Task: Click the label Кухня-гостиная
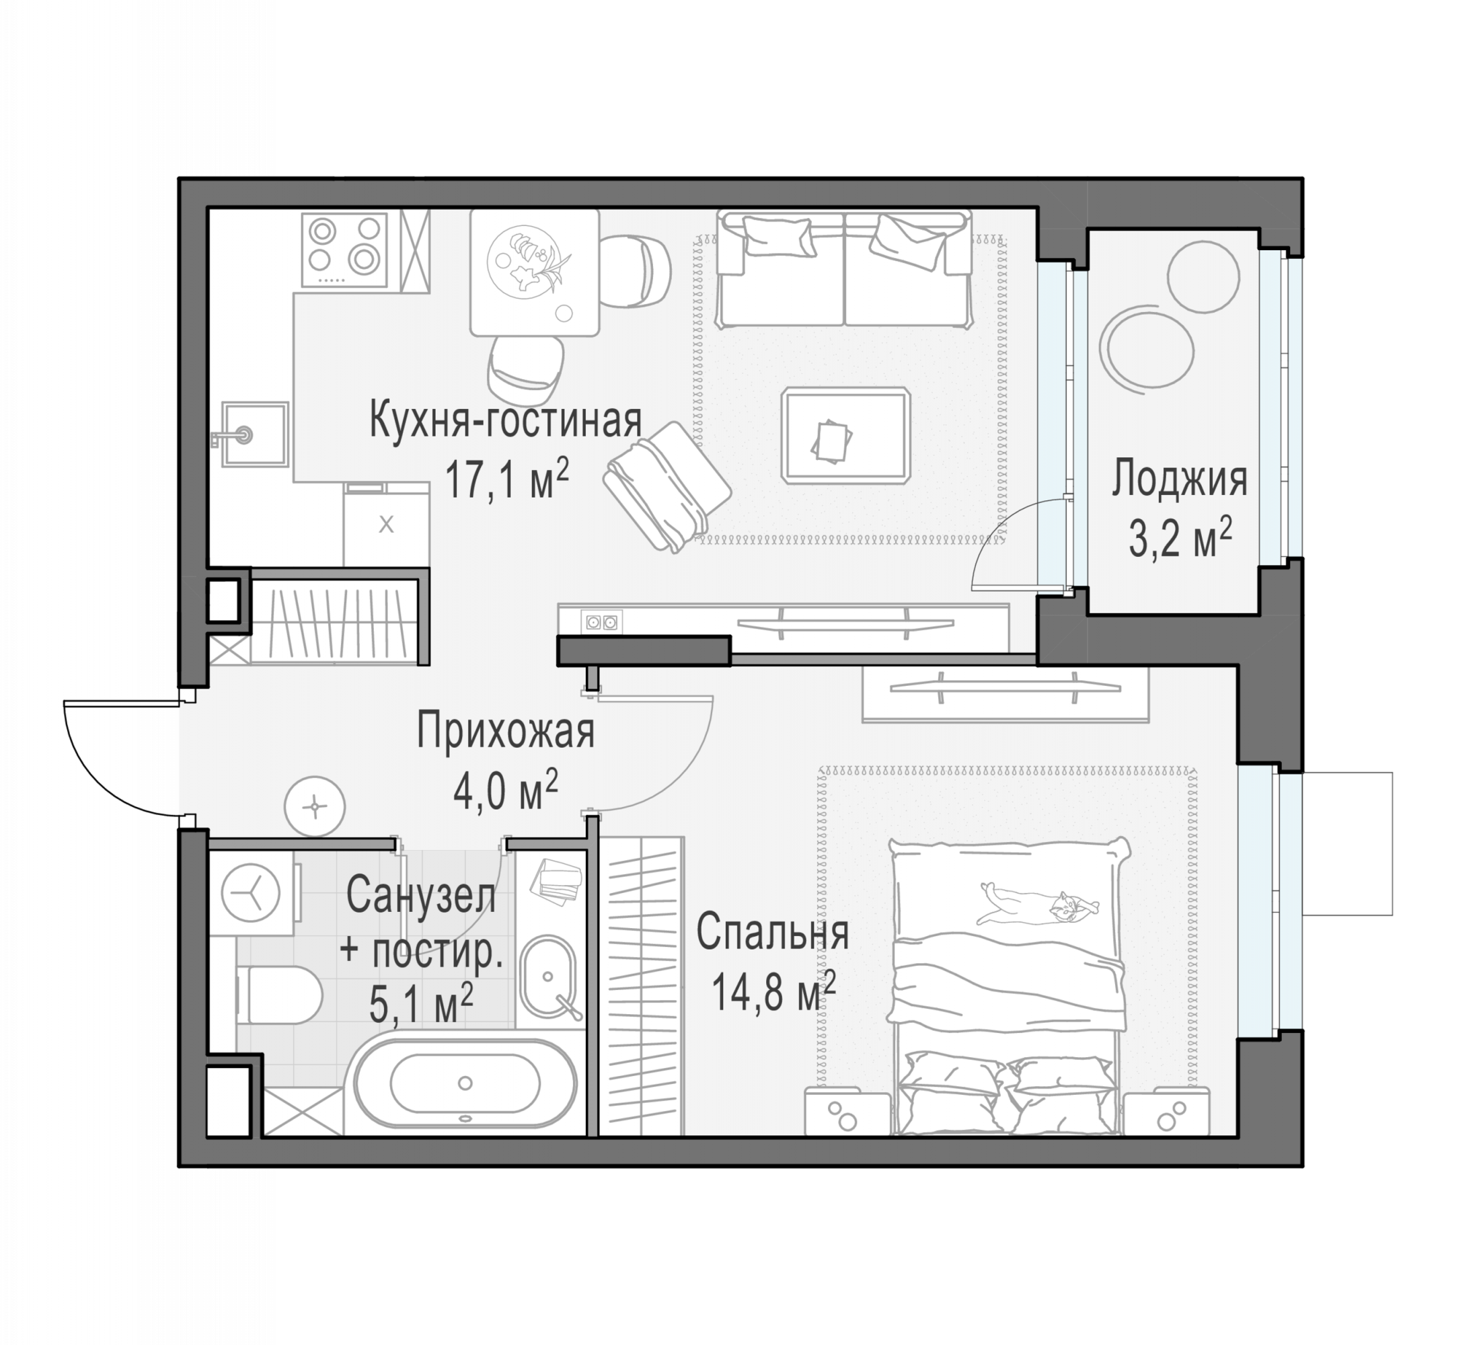coord(505,420)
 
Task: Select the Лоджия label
coord(1179,479)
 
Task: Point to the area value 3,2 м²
coord(1180,538)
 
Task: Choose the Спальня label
coord(773,933)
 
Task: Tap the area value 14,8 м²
coord(773,993)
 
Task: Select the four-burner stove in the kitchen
coord(344,249)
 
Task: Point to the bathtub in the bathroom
coord(465,1083)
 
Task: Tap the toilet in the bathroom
coord(279,995)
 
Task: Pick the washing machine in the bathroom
coord(252,894)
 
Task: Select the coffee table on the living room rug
coord(846,436)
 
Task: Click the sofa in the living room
coord(844,268)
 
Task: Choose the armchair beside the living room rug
coord(667,486)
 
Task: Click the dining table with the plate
coord(534,272)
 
